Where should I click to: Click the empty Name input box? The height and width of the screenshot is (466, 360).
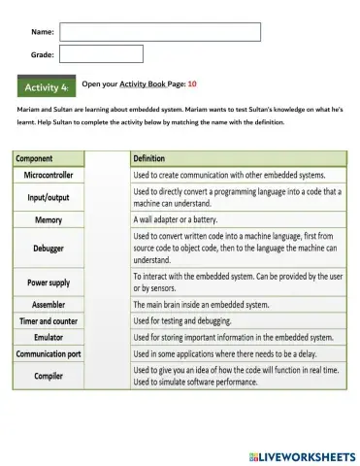[160, 32]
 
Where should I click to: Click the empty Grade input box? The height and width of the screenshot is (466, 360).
[102, 54]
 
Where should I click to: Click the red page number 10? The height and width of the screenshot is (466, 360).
[191, 85]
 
